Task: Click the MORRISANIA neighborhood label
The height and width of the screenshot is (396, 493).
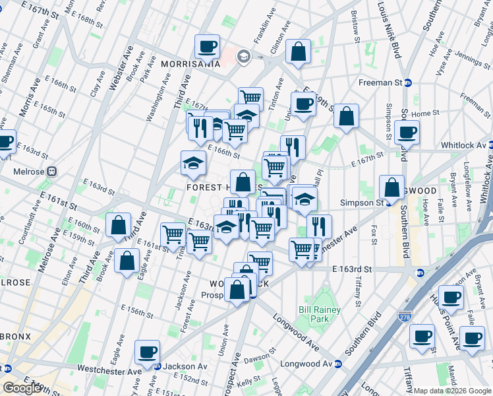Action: (x=191, y=64)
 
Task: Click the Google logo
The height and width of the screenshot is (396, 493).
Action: (x=22, y=388)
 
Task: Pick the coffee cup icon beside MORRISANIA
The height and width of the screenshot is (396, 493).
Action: (x=208, y=47)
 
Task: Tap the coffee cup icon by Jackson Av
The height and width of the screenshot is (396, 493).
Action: (x=147, y=352)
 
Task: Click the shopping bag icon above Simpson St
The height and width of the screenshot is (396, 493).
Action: (x=392, y=187)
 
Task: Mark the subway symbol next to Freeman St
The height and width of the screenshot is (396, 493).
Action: (x=408, y=82)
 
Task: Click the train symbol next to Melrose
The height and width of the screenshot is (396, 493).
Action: (x=51, y=172)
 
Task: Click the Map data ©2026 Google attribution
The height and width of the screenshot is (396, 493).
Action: (x=452, y=391)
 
